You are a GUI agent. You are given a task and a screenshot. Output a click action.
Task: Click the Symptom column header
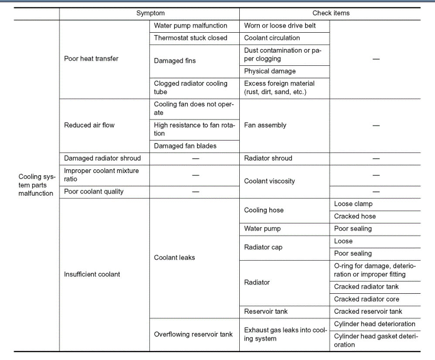(150, 13)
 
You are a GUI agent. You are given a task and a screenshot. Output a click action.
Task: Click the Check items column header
(331, 13)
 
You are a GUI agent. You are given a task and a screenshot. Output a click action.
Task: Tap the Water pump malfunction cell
(190, 26)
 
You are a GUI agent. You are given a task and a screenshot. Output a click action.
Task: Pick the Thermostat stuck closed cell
(190, 38)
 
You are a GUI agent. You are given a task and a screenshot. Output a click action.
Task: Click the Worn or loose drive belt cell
(280, 26)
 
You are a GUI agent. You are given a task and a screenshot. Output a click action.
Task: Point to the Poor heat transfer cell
(91, 58)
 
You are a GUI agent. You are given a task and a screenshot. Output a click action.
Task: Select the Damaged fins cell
(175, 61)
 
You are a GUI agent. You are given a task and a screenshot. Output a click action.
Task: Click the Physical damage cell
(270, 71)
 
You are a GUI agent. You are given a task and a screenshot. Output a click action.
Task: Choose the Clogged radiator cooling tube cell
(190, 88)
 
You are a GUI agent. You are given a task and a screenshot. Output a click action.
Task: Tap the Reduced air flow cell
(89, 125)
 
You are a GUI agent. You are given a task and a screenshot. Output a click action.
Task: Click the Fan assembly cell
(265, 125)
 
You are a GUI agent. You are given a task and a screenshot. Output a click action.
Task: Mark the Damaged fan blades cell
(185, 146)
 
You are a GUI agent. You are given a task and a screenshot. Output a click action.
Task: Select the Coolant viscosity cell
(269, 181)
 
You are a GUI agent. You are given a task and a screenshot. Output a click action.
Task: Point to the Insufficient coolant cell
(92, 274)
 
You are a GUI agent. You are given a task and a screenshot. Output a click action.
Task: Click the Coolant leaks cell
(174, 258)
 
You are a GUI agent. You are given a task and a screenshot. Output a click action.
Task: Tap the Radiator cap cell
(263, 247)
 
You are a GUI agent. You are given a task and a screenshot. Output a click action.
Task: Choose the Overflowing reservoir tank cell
(193, 334)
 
